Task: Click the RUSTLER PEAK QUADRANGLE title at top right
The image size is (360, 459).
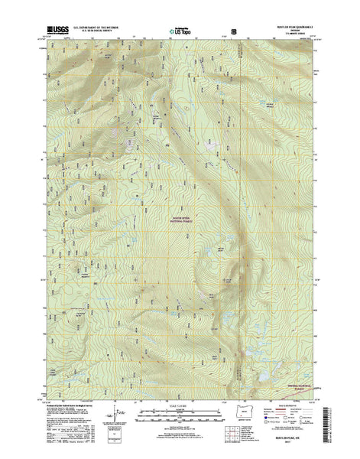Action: point(293,27)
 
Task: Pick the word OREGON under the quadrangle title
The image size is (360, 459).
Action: point(293,31)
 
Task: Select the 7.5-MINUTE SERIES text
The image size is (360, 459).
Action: point(293,34)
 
